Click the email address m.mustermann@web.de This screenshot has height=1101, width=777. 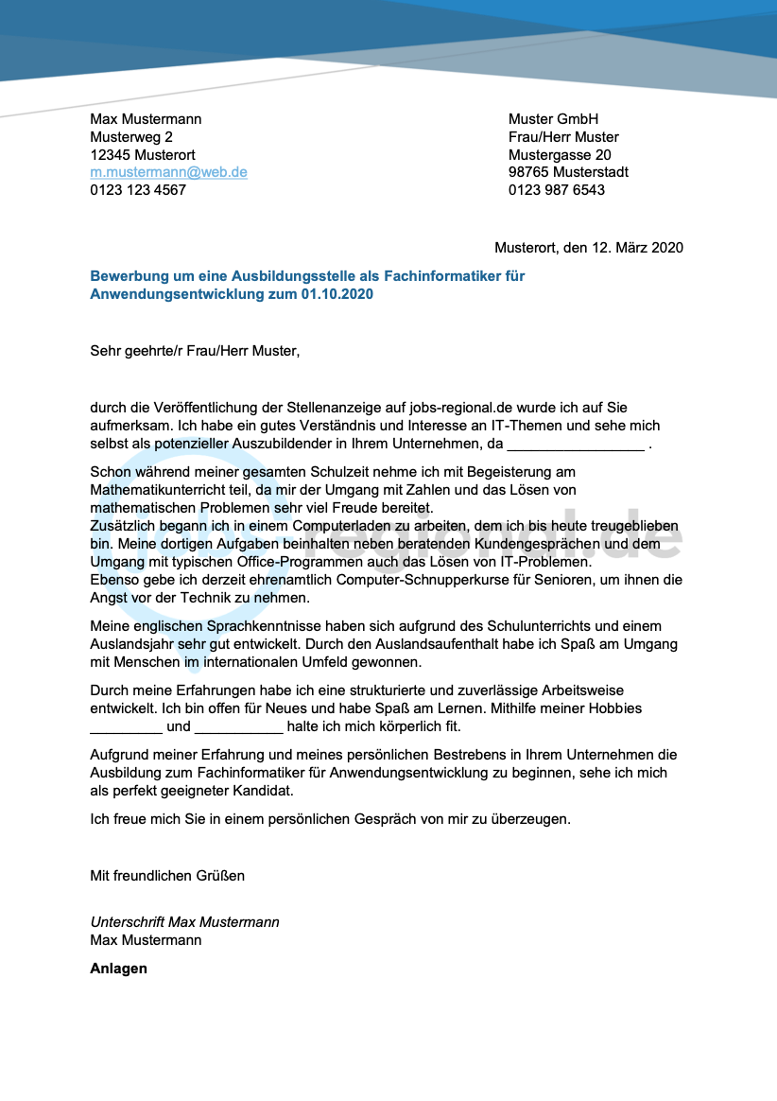[168, 172]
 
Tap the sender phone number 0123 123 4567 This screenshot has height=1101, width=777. [138, 189]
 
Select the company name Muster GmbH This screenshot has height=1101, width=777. [553, 119]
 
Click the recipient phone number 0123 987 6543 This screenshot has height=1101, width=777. [556, 189]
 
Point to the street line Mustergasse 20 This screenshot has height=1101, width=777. [560, 154]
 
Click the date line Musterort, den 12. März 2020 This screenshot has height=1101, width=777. [588, 248]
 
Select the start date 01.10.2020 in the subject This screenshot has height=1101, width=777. [337, 294]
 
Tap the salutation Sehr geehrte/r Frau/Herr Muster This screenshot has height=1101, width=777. [194, 352]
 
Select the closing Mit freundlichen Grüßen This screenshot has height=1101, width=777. [167, 876]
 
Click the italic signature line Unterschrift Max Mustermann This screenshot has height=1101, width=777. [184, 922]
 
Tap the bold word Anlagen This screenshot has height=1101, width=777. [118, 969]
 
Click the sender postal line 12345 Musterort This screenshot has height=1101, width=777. [143, 154]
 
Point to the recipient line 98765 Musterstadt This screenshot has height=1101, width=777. [568, 172]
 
